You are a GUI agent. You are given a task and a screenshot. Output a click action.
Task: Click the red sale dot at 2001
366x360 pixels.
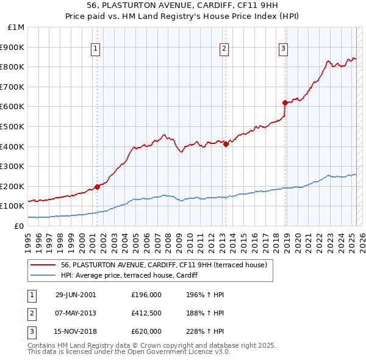(98, 187)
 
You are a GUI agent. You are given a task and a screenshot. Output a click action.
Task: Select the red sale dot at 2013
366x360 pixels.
(226, 144)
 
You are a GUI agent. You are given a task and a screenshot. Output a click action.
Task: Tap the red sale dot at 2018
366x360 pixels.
(285, 103)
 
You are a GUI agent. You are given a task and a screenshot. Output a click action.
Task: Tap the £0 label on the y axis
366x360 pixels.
(20, 226)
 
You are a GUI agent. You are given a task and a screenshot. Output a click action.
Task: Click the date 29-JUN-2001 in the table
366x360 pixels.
(76, 295)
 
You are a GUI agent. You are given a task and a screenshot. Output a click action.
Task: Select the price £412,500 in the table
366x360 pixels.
(146, 313)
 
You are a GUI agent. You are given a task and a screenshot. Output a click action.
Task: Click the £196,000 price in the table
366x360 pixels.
(146, 295)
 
